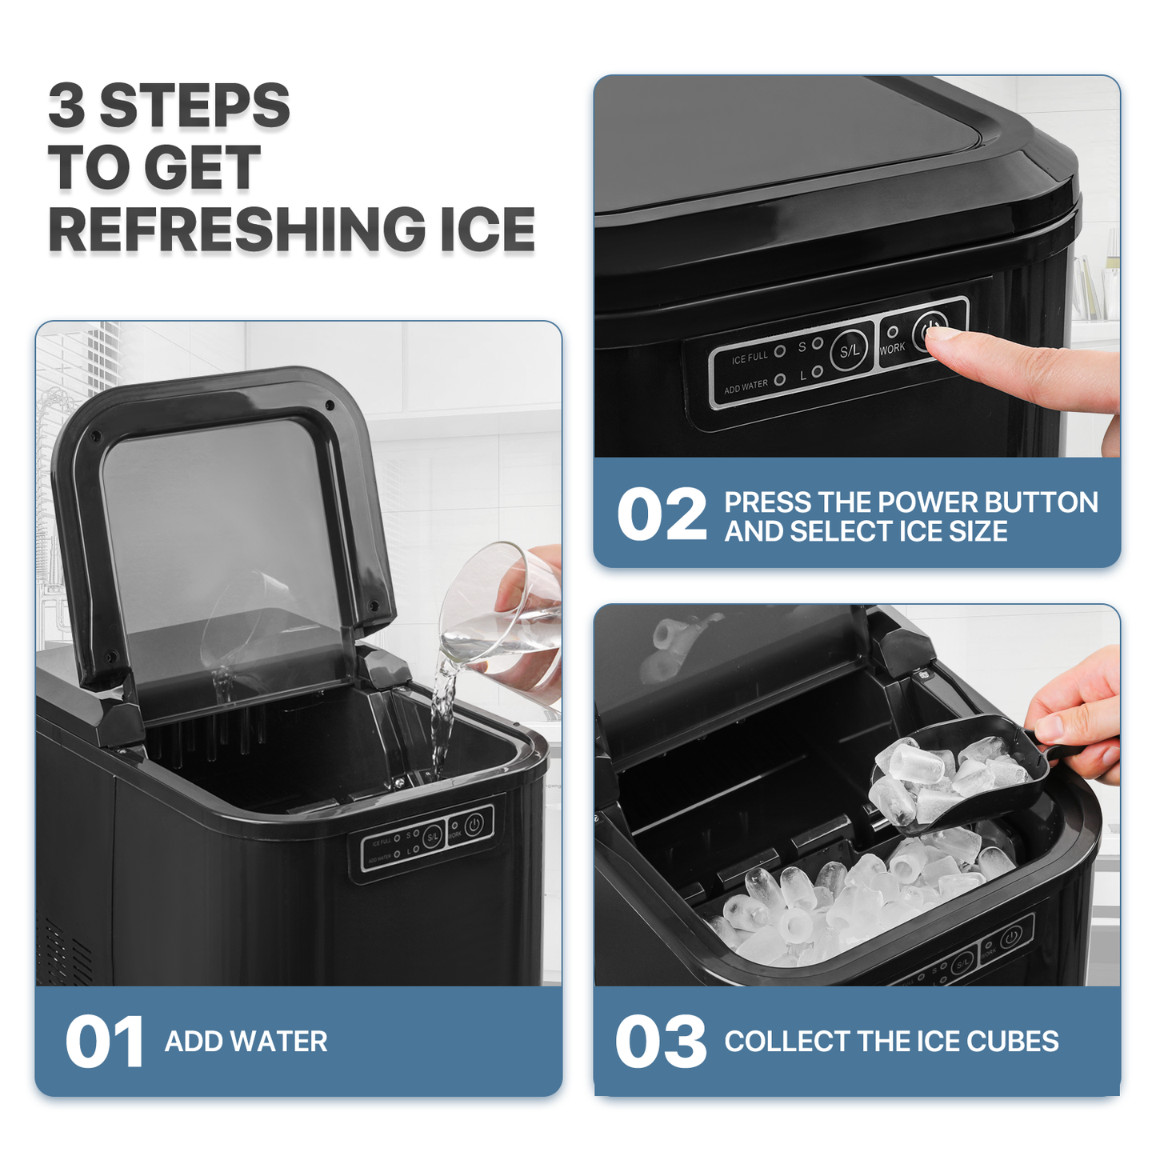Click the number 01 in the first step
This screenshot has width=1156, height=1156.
point(104,1042)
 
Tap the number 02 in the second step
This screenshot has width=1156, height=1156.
point(662,516)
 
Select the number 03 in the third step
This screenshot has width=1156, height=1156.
point(661,1042)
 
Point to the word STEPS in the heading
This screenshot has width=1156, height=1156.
point(194,106)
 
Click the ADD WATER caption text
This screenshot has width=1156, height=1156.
point(246,1042)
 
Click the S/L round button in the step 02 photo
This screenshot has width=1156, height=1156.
point(849,350)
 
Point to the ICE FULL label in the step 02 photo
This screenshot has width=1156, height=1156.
point(749,358)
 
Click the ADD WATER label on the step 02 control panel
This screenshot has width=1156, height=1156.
point(746,386)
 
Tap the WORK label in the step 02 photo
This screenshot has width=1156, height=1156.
point(892,349)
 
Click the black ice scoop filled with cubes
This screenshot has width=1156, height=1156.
point(960,776)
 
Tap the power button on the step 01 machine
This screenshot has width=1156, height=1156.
point(474,823)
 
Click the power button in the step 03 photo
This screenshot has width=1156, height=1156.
point(1011,936)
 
